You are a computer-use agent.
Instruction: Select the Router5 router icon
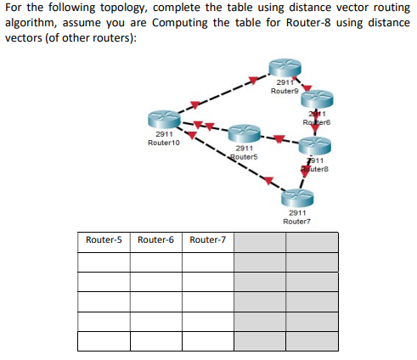pyautogui.click(x=245, y=134)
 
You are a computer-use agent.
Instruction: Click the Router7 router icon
pyautogui.click(x=298, y=198)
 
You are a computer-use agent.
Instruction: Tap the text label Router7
pyautogui.click(x=298, y=220)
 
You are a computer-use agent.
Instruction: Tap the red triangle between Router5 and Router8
pyautogui.click(x=279, y=138)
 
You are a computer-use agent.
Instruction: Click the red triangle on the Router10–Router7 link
pyautogui.click(x=268, y=180)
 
